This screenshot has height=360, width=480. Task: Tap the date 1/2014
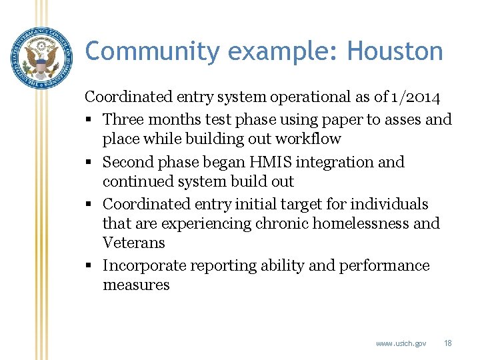pos(416,97)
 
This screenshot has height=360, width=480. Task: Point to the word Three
pos(124,119)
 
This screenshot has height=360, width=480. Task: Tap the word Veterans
pos(133,243)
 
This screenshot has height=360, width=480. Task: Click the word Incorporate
pos(144,265)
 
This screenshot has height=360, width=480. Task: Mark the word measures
pos(136,285)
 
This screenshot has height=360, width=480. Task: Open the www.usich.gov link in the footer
pos(401,343)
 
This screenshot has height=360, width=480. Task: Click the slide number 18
pos(447,343)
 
